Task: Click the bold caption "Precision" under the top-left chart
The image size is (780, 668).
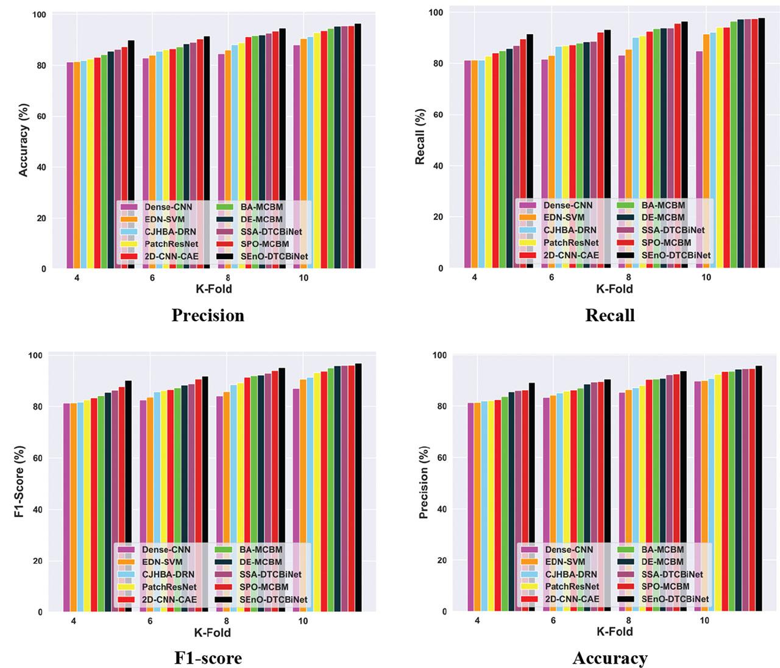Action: point(208,315)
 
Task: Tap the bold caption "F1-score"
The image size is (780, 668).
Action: point(208,658)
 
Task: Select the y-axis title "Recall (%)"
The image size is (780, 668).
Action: point(420,137)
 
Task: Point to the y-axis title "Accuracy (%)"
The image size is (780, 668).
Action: point(24,142)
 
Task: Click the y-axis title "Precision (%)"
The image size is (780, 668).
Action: point(424,483)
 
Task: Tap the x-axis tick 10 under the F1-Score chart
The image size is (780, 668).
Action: point(303,621)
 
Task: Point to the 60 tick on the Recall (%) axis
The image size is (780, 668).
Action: point(438,115)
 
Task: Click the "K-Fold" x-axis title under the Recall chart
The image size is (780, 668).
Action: point(614,289)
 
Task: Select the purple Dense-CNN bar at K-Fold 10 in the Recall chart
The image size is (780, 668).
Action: point(699,160)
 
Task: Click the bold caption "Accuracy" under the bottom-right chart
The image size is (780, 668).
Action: point(610,658)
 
